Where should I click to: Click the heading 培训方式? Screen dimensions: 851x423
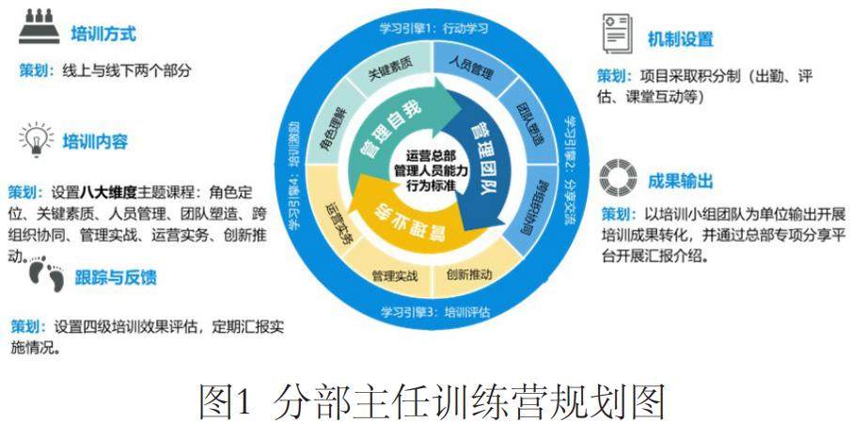tap(103, 35)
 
